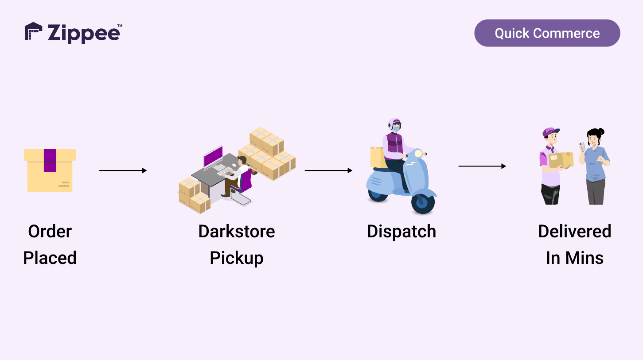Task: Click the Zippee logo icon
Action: click(x=33, y=32)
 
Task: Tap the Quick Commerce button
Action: click(x=547, y=33)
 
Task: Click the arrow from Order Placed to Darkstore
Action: click(x=123, y=170)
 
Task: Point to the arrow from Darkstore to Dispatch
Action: click(x=328, y=170)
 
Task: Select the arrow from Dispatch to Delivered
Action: click(x=482, y=166)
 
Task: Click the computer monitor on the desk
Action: click(x=213, y=157)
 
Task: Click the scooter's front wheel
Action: click(x=423, y=203)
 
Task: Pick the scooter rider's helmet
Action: click(x=394, y=124)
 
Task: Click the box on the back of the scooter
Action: click(x=377, y=157)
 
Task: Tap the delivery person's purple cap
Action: click(x=550, y=132)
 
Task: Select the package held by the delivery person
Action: click(x=561, y=160)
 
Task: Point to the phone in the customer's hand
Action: click(x=582, y=147)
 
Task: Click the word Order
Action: click(x=50, y=232)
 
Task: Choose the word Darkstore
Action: click(x=236, y=232)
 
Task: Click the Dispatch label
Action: click(x=401, y=232)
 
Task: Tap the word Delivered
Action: click(x=574, y=232)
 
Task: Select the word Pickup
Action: click(x=236, y=258)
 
